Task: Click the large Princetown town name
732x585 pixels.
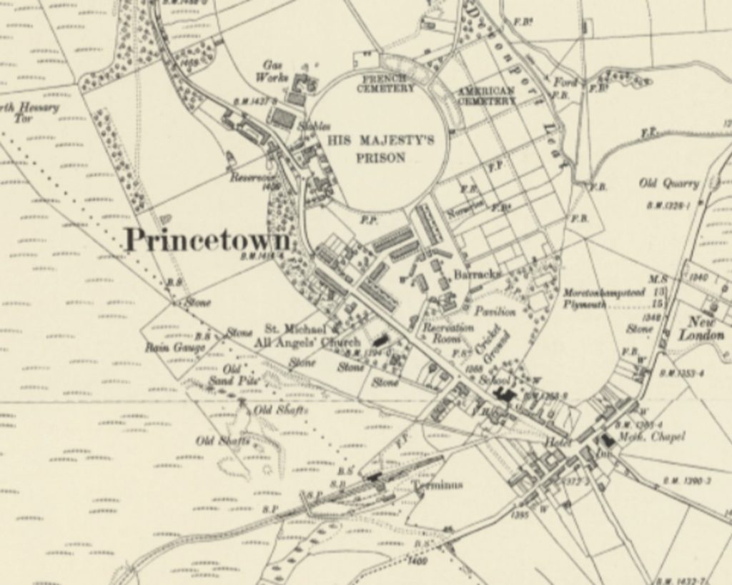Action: [x=207, y=240]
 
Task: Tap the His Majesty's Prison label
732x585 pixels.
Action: [x=381, y=149]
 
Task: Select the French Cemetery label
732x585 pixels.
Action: [x=387, y=83]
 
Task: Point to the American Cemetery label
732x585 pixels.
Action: [x=486, y=96]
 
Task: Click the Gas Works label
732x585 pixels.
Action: [x=276, y=70]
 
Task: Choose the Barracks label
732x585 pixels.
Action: [x=477, y=274]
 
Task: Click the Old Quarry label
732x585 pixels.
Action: [x=668, y=184]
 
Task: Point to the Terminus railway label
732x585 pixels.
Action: [x=437, y=485]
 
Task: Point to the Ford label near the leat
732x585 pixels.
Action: [x=564, y=82]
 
